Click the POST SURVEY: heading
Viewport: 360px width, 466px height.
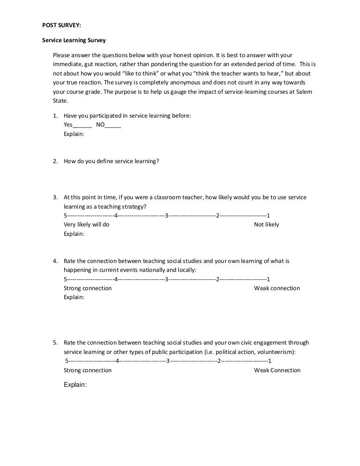pos(61,25)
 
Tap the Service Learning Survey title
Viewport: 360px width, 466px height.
pos(74,40)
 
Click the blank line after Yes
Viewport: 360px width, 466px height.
pos(82,125)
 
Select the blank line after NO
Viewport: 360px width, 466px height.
pos(113,125)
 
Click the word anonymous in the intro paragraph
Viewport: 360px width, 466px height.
pos(180,83)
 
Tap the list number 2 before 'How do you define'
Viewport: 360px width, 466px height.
pos(55,161)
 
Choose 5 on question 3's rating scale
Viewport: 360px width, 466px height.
pos(65,216)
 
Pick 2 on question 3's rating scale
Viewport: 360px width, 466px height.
pos(217,216)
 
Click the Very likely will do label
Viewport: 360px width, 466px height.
pos(86,225)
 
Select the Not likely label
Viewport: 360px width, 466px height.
pos(266,225)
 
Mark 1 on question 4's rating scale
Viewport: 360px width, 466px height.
pos(268,279)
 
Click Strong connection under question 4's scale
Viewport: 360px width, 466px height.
pos(88,288)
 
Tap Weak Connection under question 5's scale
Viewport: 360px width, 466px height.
pos(277,370)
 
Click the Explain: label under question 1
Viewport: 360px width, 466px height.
pos(74,134)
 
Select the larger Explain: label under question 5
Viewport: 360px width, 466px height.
pos(75,385)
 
